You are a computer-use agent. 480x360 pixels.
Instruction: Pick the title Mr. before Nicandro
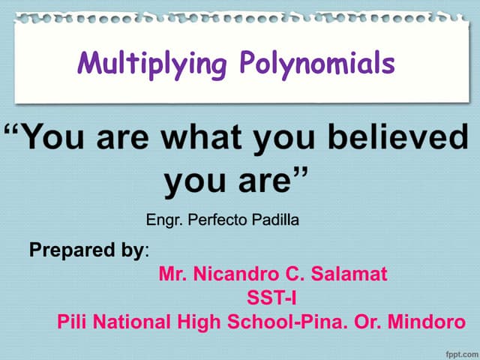tap(170, 274)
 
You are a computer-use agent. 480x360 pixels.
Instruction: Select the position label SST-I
tap(271, 298)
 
